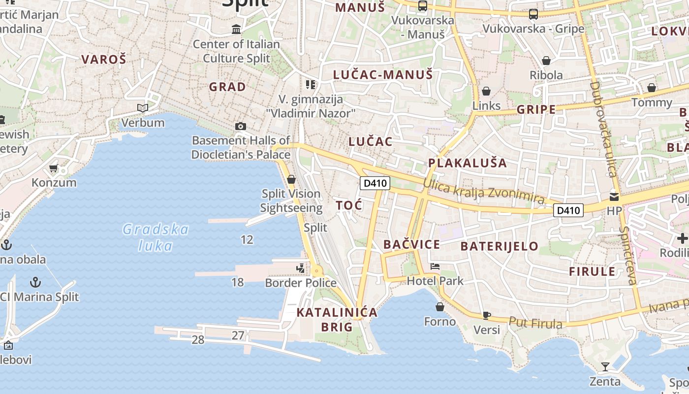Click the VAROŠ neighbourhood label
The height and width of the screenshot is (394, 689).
(x=104, y=60)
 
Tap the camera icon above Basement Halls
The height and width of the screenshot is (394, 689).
(x=241, y=126)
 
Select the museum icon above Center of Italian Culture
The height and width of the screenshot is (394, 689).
(x=236, y=30)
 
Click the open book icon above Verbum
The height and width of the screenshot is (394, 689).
(x=143, y=108)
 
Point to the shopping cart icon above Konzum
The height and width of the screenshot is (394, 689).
(x=54, y=168)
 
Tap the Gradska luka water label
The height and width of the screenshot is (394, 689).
(x=156, y=237)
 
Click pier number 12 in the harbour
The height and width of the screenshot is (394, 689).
(x=247, y=240)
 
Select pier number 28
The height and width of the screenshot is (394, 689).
(x=198, y=339)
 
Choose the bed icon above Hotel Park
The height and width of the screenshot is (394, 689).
(x=435, y=266)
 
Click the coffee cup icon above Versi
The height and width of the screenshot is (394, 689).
(x=486, y=315)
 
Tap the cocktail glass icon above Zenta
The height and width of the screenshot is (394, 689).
(x=605, y=366)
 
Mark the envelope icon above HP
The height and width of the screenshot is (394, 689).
(x=614, y=197)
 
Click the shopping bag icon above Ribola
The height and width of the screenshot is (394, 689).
(x=546, y=61)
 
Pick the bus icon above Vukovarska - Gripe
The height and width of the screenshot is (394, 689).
(x=533, y=14)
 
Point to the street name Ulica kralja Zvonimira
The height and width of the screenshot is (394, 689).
(x=483, y=191)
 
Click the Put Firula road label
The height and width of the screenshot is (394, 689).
(x=535, y=323)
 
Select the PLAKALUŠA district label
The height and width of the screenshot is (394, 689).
(x=467, y=163)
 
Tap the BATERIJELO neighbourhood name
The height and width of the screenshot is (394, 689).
(x=499, y=246)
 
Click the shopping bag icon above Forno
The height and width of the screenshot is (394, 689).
(x=440, y=307)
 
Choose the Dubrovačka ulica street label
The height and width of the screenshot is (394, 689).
(x=603, y=129)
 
